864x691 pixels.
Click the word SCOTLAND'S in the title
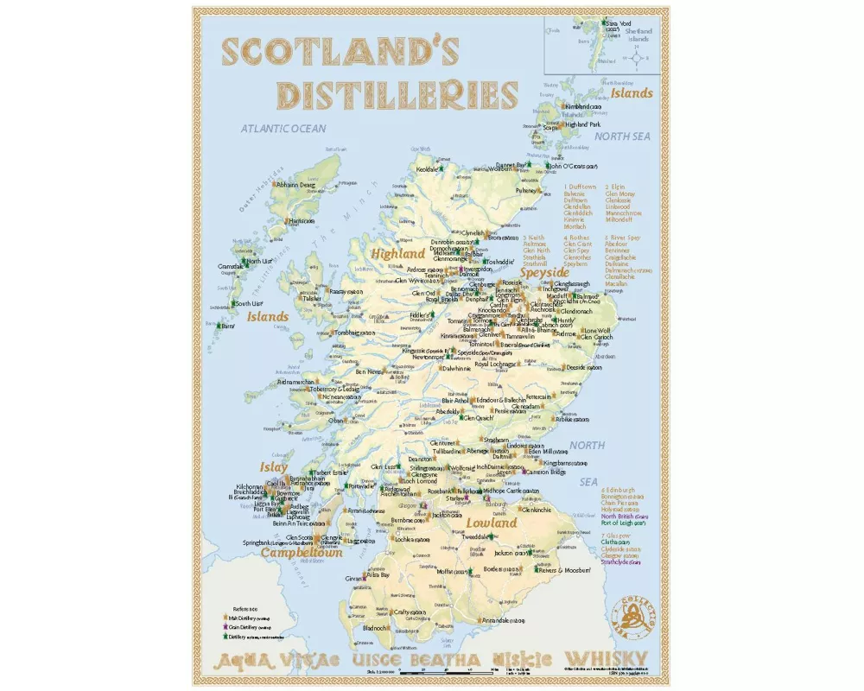click(x=329, y=51)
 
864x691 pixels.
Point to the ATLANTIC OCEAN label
click(x=283, y=129)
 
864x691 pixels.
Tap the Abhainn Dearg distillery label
click(x=295, y=184)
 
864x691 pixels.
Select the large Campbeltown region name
click(x=302, y=551)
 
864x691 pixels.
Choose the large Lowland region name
click(x=492, y=523)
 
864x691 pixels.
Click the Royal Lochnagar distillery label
click(x=497, y=365)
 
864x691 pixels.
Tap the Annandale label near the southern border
click(x=501, y=621)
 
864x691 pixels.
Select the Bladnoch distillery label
click(x=378, y=628)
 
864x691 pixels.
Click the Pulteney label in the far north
click(x=527, y=190)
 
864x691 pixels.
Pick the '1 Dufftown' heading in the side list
click(x=581, y=187)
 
